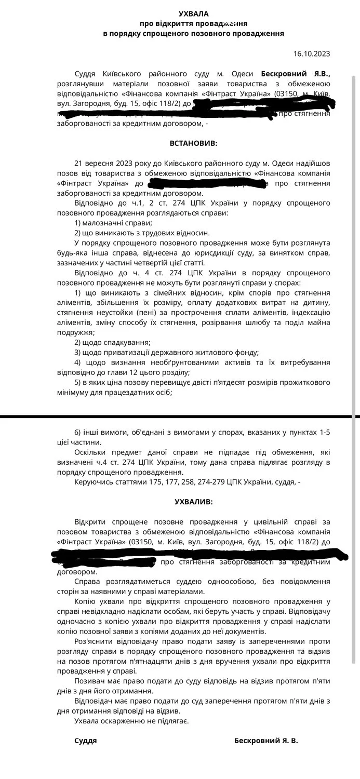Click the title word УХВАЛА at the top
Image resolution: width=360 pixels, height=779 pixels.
tap(193, 14)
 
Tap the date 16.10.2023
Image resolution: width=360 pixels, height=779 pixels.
tap(311, 53)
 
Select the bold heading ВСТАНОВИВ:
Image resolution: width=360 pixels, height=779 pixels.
tap(194, 142)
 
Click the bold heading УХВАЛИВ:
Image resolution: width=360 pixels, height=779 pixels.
tap(193, 502)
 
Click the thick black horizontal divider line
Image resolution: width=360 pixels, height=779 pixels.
tap(180, 417)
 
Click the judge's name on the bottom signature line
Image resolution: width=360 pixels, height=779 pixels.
tap(266, 741)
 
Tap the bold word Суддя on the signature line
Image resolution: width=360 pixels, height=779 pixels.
tap(86, 741)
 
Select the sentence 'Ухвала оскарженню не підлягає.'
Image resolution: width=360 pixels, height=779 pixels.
tap(131, 721)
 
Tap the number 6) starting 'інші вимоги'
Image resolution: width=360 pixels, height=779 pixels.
tap(78, 432)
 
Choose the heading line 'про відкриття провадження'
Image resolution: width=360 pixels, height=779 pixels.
tap(193, 24)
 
